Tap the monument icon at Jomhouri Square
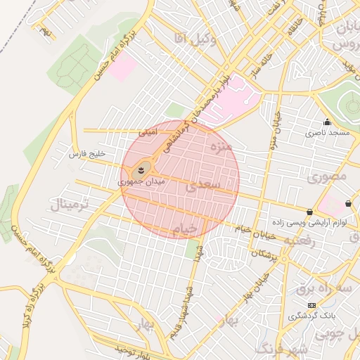pyautogui.click(x=141, y=169)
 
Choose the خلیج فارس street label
pyautogui.click(x=86, y=153)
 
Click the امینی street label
pyautogui.click(x=148, y=131)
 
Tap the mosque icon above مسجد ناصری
pyautogui.click(x=327, y=122)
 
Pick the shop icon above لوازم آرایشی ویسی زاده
pyautogui.click(x=310, y=212)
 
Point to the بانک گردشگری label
pyautogui.click(x=311, y=316)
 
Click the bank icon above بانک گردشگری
pyautogui.click(x=311, y=305)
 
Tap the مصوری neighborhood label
pyautogui.click(x=328, y=176)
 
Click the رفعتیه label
pyautogui.click(x=303, y=240)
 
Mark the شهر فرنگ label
pyautogui.click(x=281, y=349)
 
